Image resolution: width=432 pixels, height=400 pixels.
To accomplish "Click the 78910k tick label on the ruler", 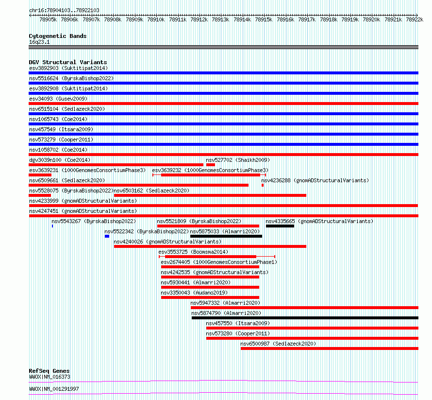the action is tap(156, 19).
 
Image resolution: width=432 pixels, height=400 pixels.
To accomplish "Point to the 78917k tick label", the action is tap(307, 19).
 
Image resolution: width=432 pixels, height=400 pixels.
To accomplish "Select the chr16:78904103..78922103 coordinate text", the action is tap(64, 10).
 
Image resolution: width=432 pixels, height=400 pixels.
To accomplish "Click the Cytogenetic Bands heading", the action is tap(58, 36).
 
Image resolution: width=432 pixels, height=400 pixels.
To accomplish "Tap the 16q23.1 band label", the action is tap(39, 42).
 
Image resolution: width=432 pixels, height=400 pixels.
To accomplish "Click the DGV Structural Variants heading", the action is tap(68, 62).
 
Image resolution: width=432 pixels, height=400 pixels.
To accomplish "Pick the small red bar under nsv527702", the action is tap(211, 165).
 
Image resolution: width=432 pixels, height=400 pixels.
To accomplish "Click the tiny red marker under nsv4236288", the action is tap(263, 185).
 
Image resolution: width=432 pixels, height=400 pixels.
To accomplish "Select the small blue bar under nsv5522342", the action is tap(107, 236).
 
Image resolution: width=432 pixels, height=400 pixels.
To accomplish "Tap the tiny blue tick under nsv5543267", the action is tap(52, 226).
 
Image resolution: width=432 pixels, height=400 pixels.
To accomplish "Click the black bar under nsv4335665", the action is tap(280, 226).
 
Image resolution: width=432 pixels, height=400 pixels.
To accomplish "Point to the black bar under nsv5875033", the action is tap(226, 236).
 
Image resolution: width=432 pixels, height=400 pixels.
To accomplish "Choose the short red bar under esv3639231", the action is tap(40, 175).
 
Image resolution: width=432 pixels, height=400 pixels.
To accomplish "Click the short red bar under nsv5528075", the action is tap(40, 195).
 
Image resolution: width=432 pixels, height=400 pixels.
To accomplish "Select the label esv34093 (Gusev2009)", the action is tap(58, 99).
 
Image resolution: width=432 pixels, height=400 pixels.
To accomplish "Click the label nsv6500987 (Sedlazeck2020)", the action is tap(278, 344).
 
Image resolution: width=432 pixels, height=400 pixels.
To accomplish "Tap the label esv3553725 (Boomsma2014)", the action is tap(193, 252).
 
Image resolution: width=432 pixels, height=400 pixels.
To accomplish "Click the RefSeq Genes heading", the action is tap(50, 371).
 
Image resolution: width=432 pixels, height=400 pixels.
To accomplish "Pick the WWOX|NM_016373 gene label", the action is tap(50, 377).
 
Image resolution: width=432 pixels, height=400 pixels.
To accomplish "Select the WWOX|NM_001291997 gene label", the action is tap(54, 389).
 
